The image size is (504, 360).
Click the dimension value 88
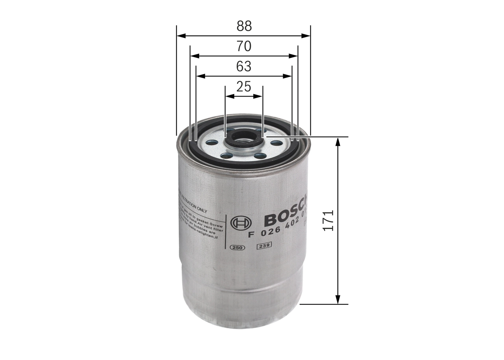click(x=244, y=26)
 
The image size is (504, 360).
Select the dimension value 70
click(x=244, y=46)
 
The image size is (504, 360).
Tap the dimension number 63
click(x=244, y=67)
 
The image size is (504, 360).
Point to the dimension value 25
click(x=244, y=87)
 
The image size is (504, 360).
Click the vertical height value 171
click(x=328, y=220)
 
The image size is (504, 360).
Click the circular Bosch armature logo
click(x=241, y=223)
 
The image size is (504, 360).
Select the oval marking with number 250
click(x=237, y=247)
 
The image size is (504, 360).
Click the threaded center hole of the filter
click(x=244, y=137)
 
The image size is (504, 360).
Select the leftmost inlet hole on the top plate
click(x=211, y=143)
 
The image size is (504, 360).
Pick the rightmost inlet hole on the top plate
click(x=276, y=143)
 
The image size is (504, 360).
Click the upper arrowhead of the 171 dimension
click(x=337, y=141)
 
